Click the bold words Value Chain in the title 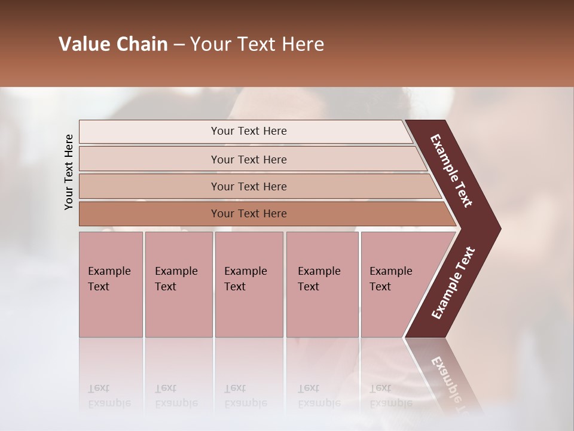point(113,44)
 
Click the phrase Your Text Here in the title point(257,44)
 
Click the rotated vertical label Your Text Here point(69,172)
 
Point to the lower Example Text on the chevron point(453,283)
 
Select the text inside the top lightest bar point(249,131)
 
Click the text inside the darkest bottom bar point(249,214)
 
